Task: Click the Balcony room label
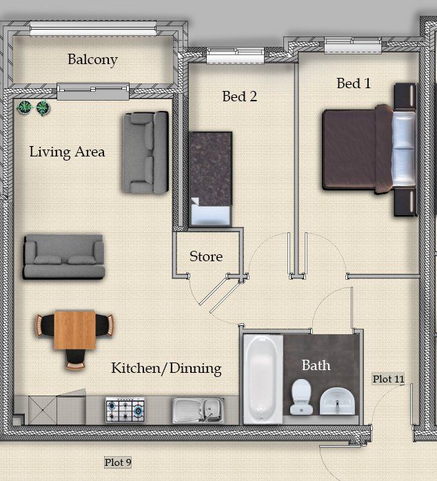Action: pyautogui.click(x=92, y=60)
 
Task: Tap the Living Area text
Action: pyautogui.click(x=68, y=152)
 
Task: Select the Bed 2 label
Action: pyautogui.click(x=239, y=96)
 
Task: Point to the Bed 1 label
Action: pyautogui.click(x=354, y=83)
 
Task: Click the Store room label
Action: pyautogui.click(x=206, y=256)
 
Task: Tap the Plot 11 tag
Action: pyautogui.click(x=388, y=379)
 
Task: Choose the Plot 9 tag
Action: pyautogui.click(x=118, y=462)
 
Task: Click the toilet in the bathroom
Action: pyautogui.click(x=301, y=396)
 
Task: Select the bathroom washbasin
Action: pyautogui.click(x=337, y=401)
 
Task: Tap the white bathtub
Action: pyautogui.click(x=263, y=379)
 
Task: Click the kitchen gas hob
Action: pyautogui.click(x=125, y=409)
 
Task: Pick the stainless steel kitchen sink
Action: pyautogui.click(x=199, y=410)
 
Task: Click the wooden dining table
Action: pyautogui.click(x=74, y=330)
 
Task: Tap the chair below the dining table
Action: pyautogui.click(x=75, y=360)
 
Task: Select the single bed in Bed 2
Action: pyautogui.click(x=210, y=179)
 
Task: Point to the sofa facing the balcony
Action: pyautogui.click(x=64, y=257)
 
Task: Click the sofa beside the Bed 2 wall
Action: pyautogui.click(x=145, y=152)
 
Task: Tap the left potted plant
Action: pyautogui.click(x=25, y=108)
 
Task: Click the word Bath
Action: pyautogui.click(x=316, y=365)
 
